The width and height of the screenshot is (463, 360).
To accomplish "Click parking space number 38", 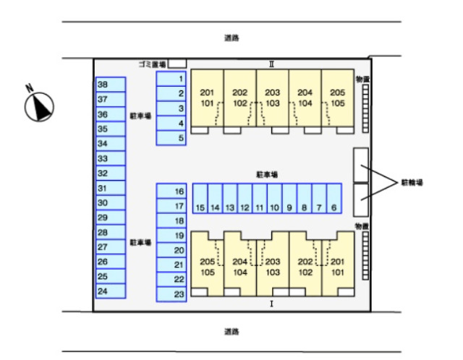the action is click(111, 85).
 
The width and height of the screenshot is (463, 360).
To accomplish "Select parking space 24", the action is click(111, 291).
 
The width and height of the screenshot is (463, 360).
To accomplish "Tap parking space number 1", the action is click(171, 79).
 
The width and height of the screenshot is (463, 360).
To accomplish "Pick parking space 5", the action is click(171, 138).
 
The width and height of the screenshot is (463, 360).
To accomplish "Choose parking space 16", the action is click(171, 192).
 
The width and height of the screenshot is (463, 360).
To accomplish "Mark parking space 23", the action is click(171, 294).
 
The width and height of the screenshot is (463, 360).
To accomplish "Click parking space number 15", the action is click(200, 198).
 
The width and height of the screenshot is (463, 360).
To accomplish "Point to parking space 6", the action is click(334, 198).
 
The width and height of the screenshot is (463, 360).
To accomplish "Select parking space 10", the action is click(275, 198).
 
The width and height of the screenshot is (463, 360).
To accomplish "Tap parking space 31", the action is click(111, 188).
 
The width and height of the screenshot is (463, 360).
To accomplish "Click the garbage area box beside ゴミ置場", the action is click(177, 64).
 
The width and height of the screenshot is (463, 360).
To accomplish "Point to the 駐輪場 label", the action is click(412, 183).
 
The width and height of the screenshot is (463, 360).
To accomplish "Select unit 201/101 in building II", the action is click(208, 98).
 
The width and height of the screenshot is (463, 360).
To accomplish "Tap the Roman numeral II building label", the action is click(272, 64).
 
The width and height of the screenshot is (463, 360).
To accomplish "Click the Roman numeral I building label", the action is click(272, 304).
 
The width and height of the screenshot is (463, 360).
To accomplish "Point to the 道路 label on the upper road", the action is click(231, 38).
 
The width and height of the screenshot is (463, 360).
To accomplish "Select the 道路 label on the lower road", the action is click(231, 332).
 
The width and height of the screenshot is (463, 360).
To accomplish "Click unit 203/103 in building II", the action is click(273, 98).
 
